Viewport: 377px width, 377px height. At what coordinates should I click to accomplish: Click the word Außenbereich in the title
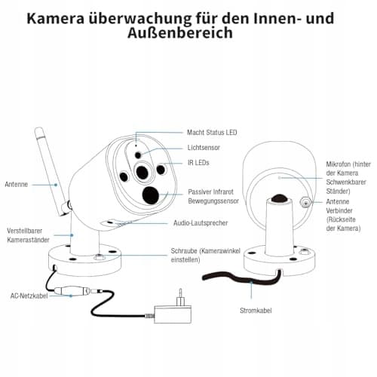180,33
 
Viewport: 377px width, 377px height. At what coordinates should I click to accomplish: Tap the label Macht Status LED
212,133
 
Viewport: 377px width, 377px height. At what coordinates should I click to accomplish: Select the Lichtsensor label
204,148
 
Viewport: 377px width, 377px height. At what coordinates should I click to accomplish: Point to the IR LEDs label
198,163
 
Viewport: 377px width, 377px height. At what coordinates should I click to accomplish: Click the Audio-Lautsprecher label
201,223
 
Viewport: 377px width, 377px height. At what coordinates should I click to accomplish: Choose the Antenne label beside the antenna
17,184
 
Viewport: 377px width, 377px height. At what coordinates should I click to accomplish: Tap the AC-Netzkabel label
29,296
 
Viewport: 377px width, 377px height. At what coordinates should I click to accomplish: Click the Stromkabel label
256,311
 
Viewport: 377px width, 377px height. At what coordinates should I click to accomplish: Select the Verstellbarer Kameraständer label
28,235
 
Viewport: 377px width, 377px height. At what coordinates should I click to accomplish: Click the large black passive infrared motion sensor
151,195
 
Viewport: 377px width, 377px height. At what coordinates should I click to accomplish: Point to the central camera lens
143,173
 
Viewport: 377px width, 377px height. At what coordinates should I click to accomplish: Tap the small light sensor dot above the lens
138,155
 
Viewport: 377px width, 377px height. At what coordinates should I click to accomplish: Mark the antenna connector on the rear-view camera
305,202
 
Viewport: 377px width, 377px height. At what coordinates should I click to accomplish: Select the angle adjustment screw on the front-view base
98,256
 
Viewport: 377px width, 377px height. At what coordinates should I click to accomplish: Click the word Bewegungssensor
213,201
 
